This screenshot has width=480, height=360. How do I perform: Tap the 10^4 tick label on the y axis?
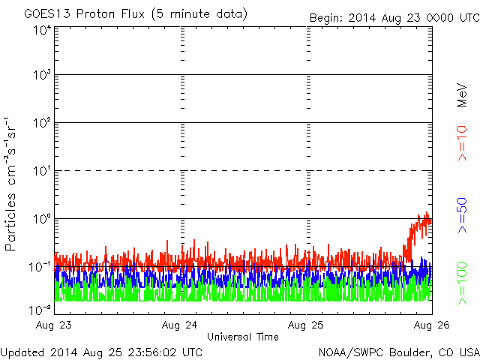[x=40, y=31]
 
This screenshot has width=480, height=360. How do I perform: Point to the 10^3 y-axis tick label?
[x=40, y=76]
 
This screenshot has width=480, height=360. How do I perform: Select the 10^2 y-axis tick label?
[x=40, y=124]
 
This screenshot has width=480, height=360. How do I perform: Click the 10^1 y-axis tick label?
[x=40, y=172]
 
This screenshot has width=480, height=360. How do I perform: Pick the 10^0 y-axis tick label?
[x=40, y=220]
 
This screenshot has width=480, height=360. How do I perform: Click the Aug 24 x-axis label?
[x=181, y=325]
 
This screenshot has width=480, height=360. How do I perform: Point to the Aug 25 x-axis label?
[x=307, y=325]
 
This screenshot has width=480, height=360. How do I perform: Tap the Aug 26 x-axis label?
[x=430, y=325]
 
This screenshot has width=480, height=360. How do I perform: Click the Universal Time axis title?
[x=243, y=337]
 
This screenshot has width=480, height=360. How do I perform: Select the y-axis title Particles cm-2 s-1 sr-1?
[x=12, y=184]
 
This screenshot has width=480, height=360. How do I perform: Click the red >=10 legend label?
[x=463, y=143]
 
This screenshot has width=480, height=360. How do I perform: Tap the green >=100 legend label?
[x=463, y=282]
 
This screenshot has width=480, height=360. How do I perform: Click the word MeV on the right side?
[x=463, y=93]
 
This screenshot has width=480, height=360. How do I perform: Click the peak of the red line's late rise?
[x=427, y=213]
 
